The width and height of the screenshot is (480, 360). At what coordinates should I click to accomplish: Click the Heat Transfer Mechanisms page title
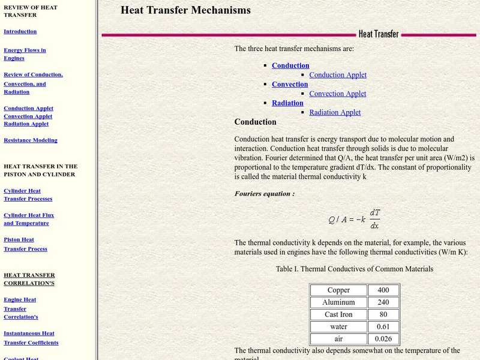(x=185, y=10)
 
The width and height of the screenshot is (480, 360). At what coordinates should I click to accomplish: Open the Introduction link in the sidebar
(x=20, y=31)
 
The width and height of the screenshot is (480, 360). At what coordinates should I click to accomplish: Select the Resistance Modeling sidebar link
(x=31, y=140)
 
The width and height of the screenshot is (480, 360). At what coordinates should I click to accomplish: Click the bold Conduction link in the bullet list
(x=290, y=65)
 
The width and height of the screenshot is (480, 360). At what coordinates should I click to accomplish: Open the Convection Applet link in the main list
(x=337, y=94)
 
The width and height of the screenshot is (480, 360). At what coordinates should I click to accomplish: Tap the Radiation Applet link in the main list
(x=335, y=112)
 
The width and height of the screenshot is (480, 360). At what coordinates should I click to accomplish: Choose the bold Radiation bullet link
(x=287, y=103)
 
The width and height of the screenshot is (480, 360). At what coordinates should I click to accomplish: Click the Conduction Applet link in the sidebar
(x=28, y=109)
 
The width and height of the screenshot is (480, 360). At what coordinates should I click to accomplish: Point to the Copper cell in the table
(x=338, y=290)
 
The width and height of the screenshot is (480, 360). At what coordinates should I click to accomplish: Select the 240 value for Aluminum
(x=383, y=302)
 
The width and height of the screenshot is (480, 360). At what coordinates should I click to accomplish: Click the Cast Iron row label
(x=338, y=314)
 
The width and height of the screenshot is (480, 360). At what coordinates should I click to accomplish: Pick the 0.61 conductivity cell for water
(x=383, y=326)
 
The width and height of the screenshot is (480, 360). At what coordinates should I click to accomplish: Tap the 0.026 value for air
(x=383, y=338)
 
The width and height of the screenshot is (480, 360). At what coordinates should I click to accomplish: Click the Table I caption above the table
(x=354, y=269)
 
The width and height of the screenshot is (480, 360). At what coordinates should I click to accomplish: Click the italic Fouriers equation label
(x=264, y=194)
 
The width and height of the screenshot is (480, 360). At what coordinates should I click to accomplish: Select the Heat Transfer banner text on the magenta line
(x=379, y=34)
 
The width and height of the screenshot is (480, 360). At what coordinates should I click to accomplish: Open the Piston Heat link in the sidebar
(x=19, y=239)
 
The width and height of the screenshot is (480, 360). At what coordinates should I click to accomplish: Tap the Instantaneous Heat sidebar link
(x=29, y=333)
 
